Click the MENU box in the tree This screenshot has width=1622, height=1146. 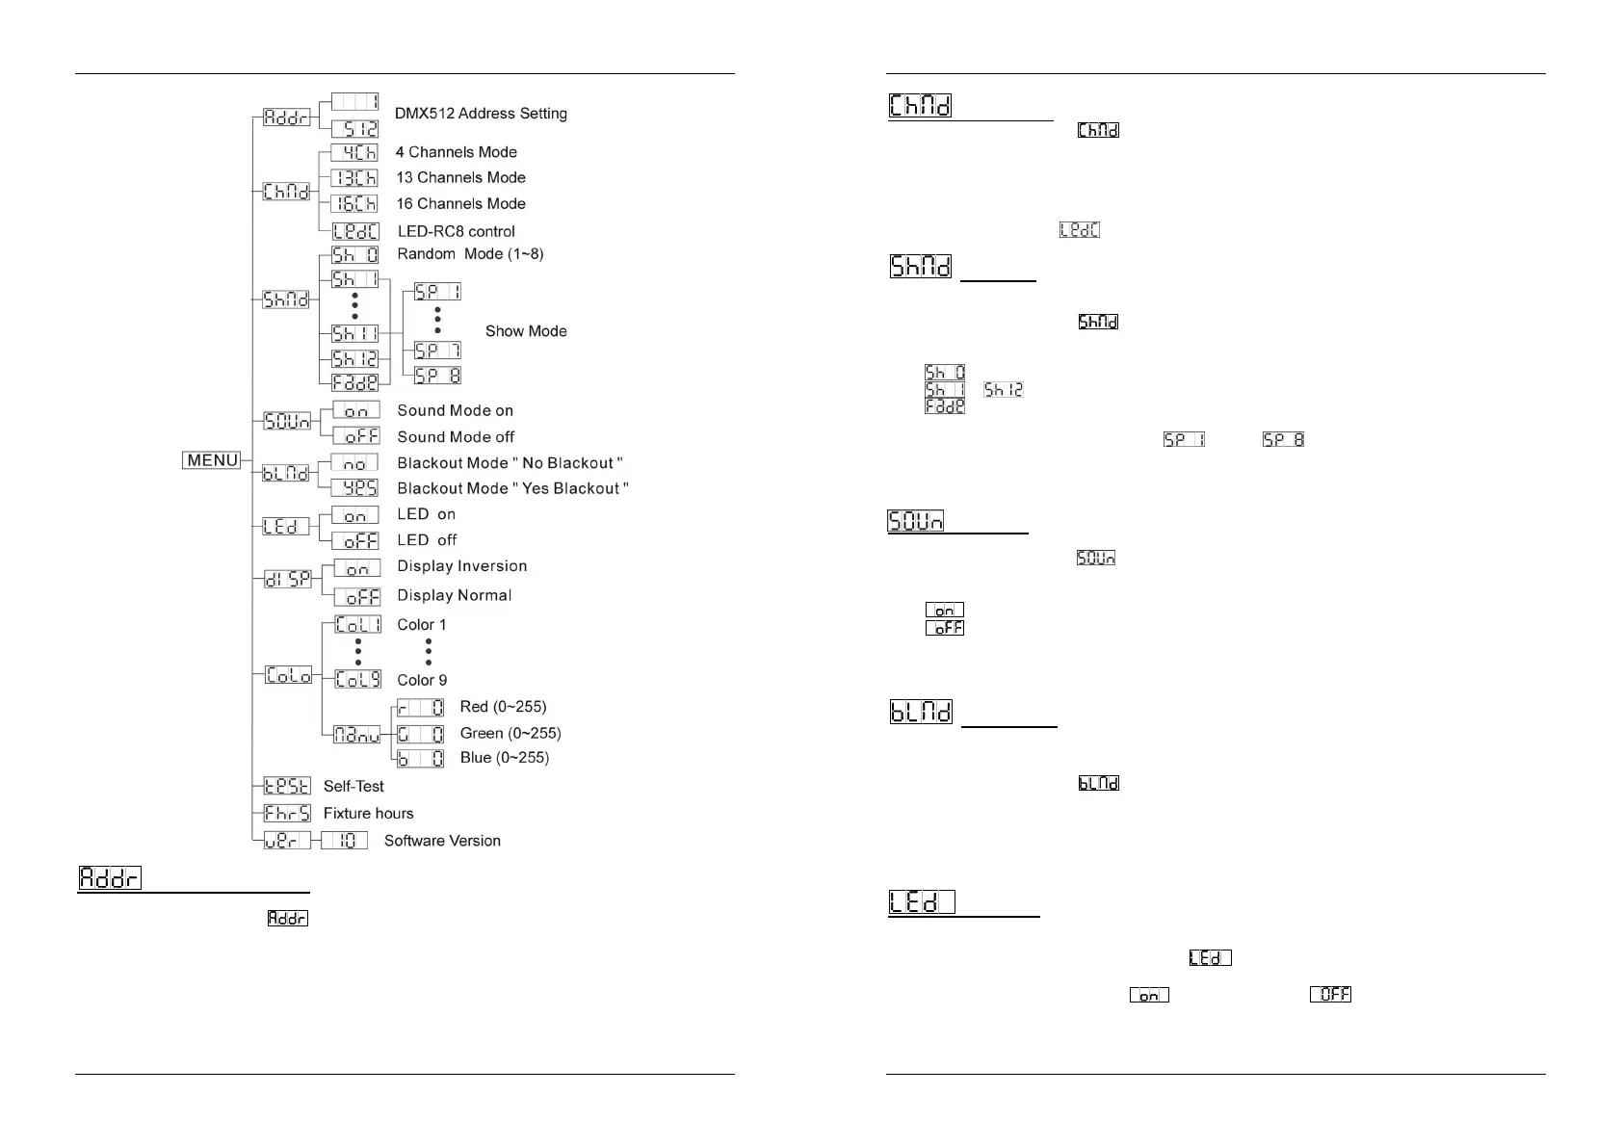212,460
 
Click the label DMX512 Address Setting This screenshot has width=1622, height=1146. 481,114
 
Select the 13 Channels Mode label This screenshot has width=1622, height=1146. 460,178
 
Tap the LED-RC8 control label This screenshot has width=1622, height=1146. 456,232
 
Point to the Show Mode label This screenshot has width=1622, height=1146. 526,331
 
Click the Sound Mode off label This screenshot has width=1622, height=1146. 456,437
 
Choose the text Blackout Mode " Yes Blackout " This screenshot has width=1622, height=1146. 512,489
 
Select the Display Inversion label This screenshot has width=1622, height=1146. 461,566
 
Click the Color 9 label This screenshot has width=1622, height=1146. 422,680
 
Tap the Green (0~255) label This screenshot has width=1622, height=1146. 510,734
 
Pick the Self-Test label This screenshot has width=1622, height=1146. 353,787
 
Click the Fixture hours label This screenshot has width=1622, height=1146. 368,814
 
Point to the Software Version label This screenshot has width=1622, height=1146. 442,841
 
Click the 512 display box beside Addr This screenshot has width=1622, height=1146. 355,129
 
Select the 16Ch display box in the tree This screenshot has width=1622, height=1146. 354,204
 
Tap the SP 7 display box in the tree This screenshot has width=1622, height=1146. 438,351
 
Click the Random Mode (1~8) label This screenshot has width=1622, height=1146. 470,254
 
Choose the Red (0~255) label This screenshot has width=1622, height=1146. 503,708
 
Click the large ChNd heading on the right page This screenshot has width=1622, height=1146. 921,105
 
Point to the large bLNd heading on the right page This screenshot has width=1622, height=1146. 921,712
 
